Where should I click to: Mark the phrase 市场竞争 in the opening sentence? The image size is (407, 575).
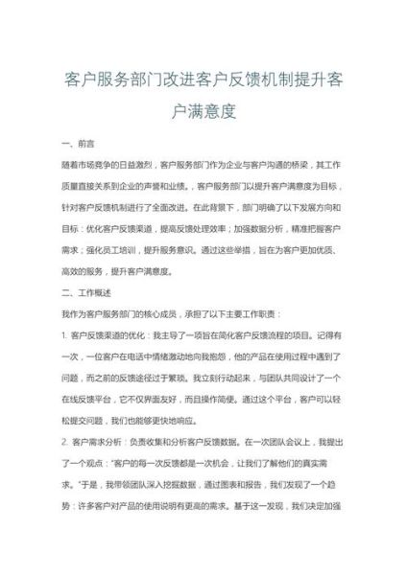point(101,165)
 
